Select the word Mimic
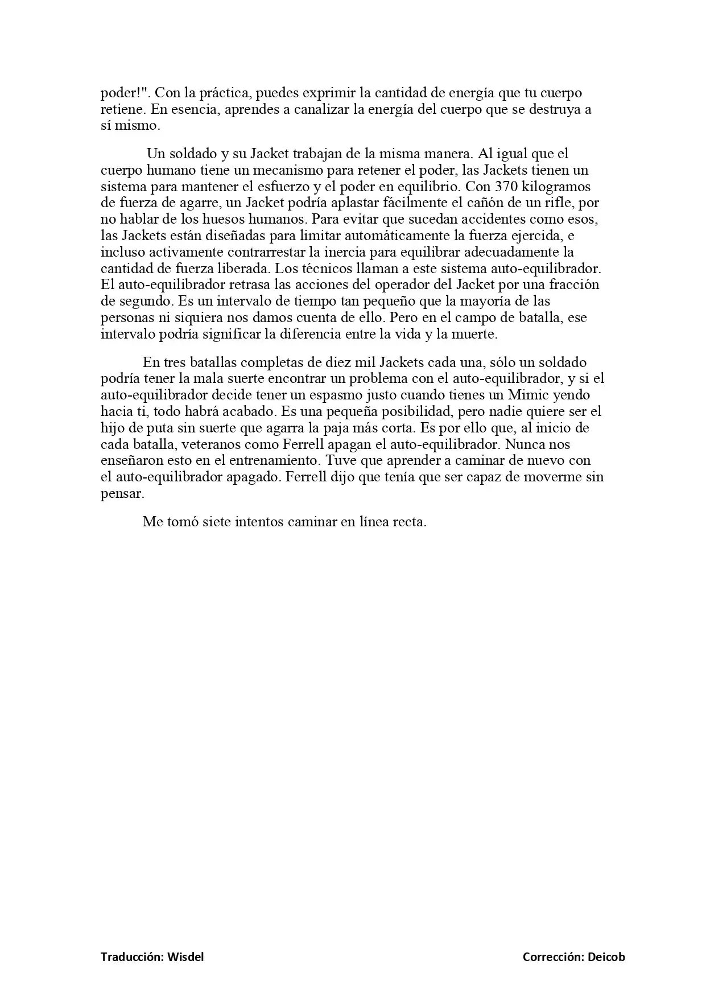click(526, 395)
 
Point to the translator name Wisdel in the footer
click(185, 957)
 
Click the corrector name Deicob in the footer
click(606, 957)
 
